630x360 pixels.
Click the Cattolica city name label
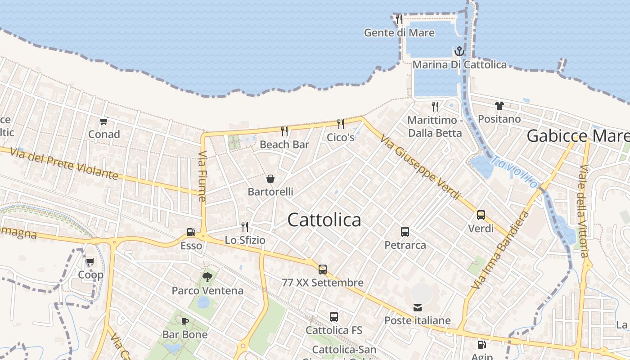pyautogui.click(x=324, y=220)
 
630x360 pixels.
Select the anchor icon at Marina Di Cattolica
pyautogui.click(x=459, y=51)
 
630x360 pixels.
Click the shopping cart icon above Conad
pyautogui.click(x=104, y=121)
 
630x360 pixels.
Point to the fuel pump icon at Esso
pyautogui.click(x=191, y=233)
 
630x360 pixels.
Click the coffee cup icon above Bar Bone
pyautogui.click(x=184, y=321)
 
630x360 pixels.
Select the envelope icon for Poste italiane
pyautogui.click(x=418, y=308)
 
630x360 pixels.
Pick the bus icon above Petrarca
pyautogui.click(x=405, y=232)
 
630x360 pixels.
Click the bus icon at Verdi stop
pyautogui.click(x=481, y=215)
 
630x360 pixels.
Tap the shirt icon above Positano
pyautogui.click(x=499, y=106)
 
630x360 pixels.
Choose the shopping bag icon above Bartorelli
pyautogui.click(x=270, y=179)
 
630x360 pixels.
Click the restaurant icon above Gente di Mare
pyautogui.click(x=399, y=19)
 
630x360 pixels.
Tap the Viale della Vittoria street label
pyautogui.click(x=584, y=211)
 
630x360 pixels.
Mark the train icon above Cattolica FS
pyautogui.click(x=334, y=317)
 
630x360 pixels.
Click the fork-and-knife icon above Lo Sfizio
pyautogui.click(x=245, y=226)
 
